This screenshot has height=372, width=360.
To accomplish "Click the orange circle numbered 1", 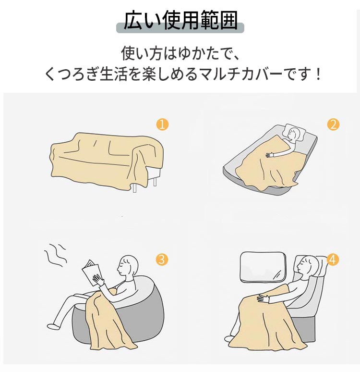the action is click(x=162, y=124).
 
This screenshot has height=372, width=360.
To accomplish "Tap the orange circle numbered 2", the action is click(x=333, y=124).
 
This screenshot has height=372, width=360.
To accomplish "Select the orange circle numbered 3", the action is click(x=162, y=260).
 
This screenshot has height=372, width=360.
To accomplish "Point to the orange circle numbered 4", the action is click(x=333, y=260).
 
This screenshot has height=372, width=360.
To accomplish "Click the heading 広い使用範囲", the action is click(x=180, y=20).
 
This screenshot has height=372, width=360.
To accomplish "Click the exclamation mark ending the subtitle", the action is click(x=318, y=74).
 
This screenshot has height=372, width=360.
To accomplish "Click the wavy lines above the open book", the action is click(x=55, y=255).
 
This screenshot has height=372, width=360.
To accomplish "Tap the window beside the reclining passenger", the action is click(x=263, y=267).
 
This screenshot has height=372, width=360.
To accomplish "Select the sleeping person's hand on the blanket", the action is click(x=270, y=155).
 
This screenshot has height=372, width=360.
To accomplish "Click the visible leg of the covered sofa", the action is click(x=134, y=186).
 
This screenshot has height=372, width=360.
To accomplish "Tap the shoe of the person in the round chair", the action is click(x=52, y=326).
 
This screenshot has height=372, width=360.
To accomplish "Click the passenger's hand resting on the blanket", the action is click(x=264, y=298).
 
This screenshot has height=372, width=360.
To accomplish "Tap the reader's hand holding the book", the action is click(x=98, y=280).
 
